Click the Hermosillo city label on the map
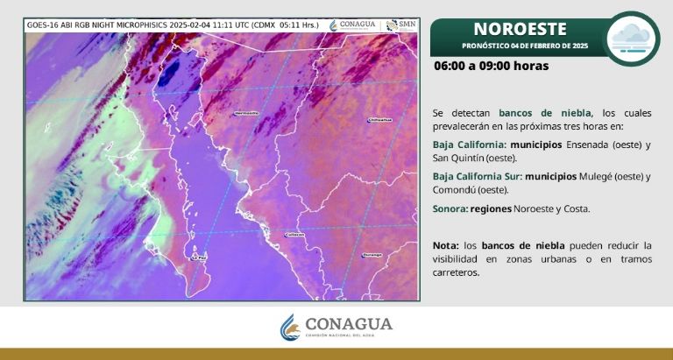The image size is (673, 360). pos(247,114)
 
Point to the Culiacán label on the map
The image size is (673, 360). pos(294,234)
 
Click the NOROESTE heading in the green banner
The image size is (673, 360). pos(520,29)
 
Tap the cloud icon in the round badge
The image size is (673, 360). pos(631,36)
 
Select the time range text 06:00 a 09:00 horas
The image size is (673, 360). pos(491,66)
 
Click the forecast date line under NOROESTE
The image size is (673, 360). pos(519,45)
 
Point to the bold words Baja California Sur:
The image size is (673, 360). pos(477,176)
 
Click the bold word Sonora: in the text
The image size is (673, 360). pos(450,208)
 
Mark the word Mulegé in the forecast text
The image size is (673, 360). pos(596,176)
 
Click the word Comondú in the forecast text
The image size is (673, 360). pos(453,189)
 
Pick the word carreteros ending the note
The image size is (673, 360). pos(457,272)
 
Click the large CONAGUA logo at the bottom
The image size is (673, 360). pos(336,326)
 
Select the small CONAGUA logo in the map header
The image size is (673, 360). pos(353,25)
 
